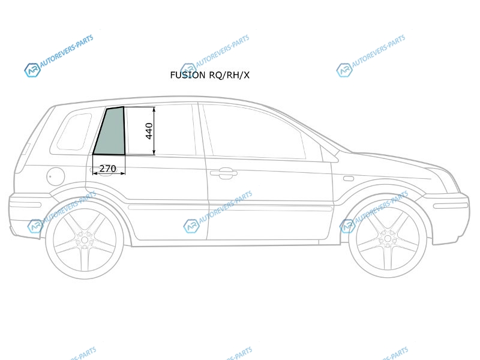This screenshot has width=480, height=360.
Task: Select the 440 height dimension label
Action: (x=149, y=131)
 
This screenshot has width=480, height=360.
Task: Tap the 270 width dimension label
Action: (x=108, y=169)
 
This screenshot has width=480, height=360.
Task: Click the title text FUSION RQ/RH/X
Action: (x=209, y=75)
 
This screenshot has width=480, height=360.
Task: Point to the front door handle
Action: (x=223, y=173)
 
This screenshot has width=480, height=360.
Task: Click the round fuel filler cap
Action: (x=56, y=176)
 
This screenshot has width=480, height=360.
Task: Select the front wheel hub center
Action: (x=388, y=238)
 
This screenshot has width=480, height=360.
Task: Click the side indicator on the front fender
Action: (x=349, y=178)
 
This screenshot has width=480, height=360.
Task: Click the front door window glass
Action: (x=254, y=132)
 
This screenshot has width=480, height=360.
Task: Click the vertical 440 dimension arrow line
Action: (x=154, y=131)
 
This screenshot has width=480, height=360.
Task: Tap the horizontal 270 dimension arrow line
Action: (x=109, y=173)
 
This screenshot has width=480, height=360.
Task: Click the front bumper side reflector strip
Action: (x=451, y=205)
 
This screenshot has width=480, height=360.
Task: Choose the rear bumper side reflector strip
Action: (x=25, y=205)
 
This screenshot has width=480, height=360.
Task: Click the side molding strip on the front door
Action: (x=271, y=209)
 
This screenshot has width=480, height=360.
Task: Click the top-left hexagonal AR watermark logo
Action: (x=32, y=70)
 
